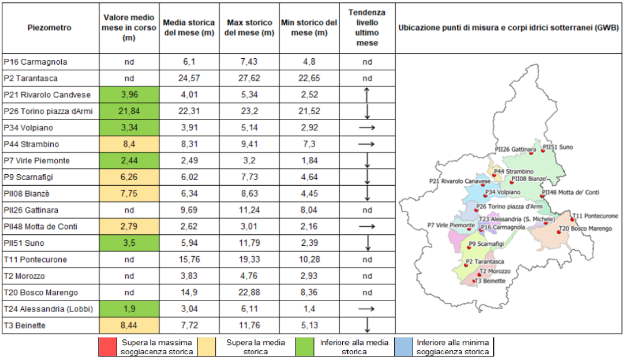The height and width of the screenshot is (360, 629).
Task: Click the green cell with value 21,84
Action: pos(129,111)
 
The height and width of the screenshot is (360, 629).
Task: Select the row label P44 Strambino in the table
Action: pos(31,144)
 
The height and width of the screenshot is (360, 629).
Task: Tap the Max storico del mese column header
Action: pos(250,28)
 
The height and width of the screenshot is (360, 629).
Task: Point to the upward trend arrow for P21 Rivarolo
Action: pos(367,95)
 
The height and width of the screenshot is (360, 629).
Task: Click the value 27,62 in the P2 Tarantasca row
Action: pos(250,78)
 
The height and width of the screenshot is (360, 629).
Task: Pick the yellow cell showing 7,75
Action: pos(129,194)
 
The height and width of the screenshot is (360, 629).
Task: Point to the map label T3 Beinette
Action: pos(491,281)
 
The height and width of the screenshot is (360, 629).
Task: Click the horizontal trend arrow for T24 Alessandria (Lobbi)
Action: pos(367,309)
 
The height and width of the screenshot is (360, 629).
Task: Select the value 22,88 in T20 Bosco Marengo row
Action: pos(250,292)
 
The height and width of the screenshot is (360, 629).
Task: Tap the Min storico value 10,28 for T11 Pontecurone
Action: pos(309,260)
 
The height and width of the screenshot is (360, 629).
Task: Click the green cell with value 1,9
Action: pos(129,309)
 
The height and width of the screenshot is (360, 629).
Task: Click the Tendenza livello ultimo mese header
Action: pos(367,28)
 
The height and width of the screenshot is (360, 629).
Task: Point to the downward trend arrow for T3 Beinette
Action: pos(367,325)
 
